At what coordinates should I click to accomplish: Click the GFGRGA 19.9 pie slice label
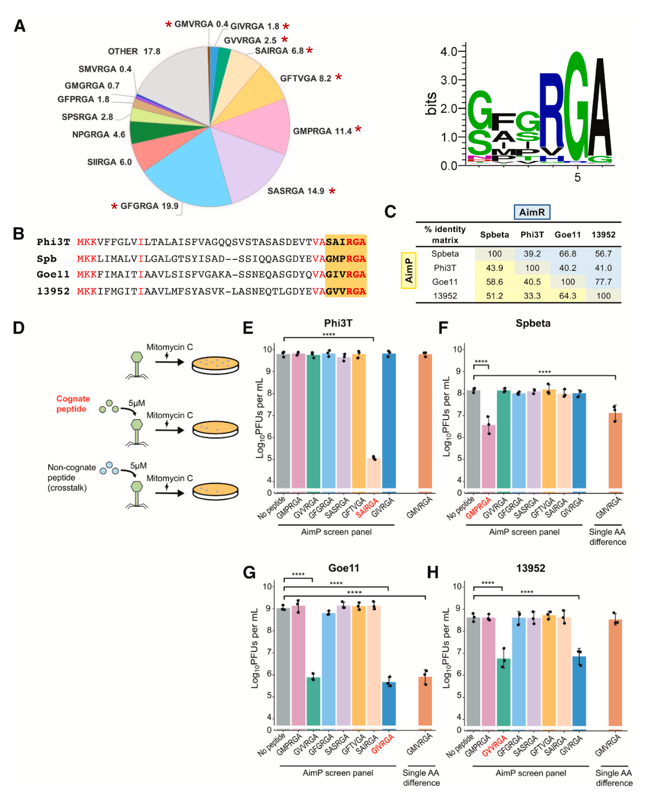(x=149, y=206)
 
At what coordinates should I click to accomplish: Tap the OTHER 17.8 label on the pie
(x=134, y=51)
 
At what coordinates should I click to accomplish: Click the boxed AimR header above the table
(x=531, y=212)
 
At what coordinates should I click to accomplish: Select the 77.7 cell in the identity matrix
(x=603, y=282)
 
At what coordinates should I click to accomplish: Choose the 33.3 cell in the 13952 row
(x=532, y=296)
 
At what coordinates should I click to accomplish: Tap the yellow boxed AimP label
(x=408, y=270)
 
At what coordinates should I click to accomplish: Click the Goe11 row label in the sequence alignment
(x=53, y=275)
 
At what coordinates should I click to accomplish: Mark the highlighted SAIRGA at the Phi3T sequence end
(x=346, y=242)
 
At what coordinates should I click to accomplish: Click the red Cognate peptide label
(x=73, y=404)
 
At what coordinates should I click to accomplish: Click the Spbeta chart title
(x=533, y=323)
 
